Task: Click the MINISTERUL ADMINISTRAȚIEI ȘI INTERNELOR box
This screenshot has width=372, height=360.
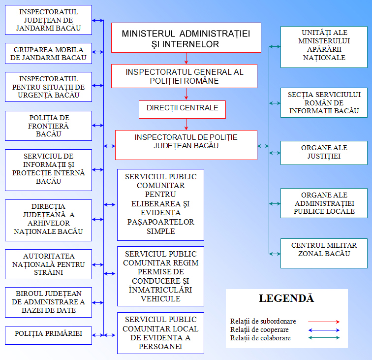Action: click(x=186, y=37)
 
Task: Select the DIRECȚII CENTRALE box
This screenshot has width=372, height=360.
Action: click(x=182, y=109)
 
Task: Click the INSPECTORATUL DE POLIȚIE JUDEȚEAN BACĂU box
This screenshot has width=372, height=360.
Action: click(x=186, y=144)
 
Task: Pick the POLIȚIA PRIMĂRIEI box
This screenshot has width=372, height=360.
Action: click(x=48, y=335)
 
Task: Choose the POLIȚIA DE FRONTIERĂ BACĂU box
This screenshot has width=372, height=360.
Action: click(x=48, y=126)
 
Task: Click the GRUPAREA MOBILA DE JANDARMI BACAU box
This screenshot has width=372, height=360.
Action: click(x=48, y=54)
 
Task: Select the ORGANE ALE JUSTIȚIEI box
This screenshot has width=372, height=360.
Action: click(x=324, y=152)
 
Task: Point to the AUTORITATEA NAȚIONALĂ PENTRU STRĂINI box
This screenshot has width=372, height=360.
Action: click(x=48, y=264)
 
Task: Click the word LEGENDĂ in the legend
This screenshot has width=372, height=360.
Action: click(x=286, y=298)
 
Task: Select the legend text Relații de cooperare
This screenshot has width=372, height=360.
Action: click(x=259, y=329)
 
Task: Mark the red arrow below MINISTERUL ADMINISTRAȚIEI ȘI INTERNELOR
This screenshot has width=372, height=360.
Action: click(x=186, y=58)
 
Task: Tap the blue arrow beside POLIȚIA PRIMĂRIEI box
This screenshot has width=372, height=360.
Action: click(x=98, y=335)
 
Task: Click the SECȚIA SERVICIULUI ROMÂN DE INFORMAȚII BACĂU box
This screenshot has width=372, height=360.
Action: click(x=324, y=102)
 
